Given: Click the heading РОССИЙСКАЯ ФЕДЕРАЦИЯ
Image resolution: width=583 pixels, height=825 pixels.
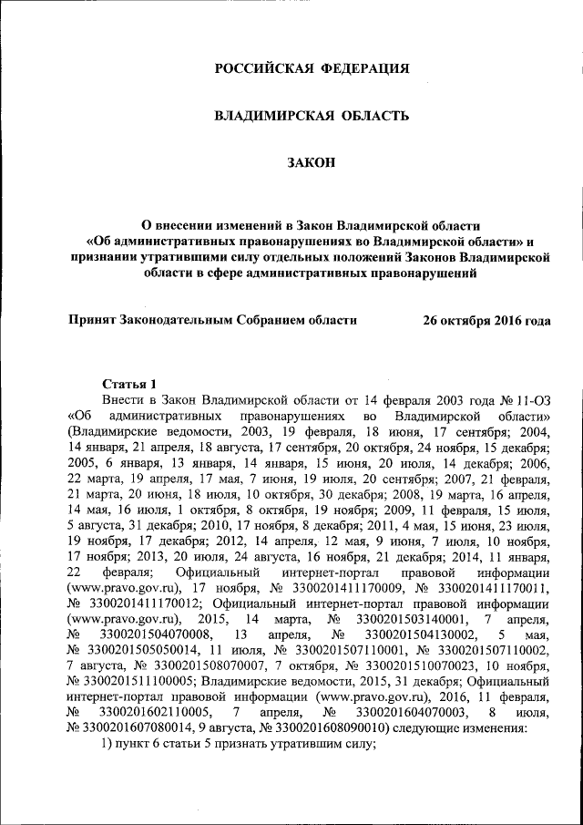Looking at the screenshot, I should tap(312, 68).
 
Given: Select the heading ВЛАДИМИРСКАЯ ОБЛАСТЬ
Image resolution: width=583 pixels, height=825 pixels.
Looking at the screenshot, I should tap(312, 116).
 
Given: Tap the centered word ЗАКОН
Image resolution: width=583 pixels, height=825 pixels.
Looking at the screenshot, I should tap(312, 163).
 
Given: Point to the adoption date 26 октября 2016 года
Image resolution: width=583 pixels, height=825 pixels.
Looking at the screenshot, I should tap(487, 321).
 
